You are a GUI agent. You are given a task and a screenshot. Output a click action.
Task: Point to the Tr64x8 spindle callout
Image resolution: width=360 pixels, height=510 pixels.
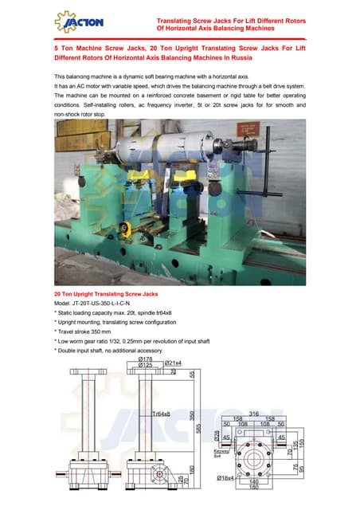tap(163, 414)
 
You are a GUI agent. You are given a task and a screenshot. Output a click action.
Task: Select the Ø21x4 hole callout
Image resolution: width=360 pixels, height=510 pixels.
tap(173, 364)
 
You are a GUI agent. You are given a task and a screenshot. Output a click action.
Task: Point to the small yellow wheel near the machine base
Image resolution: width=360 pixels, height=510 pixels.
tap(128, 230)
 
